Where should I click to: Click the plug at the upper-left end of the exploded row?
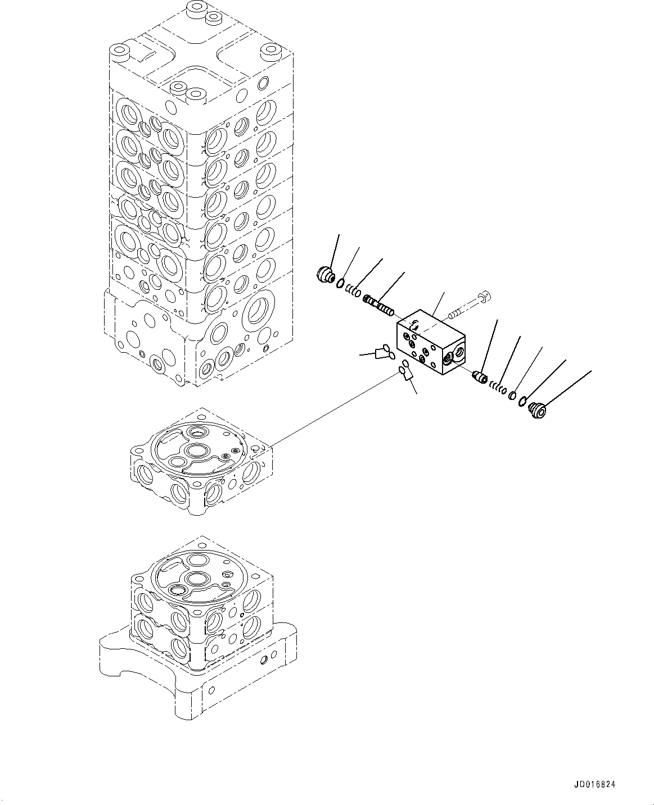point(324,275)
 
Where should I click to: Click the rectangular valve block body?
point(427,343)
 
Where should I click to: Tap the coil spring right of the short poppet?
point(496,386)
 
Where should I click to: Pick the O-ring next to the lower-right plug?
point(523,401)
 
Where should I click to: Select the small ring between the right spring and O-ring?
point(512,395)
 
